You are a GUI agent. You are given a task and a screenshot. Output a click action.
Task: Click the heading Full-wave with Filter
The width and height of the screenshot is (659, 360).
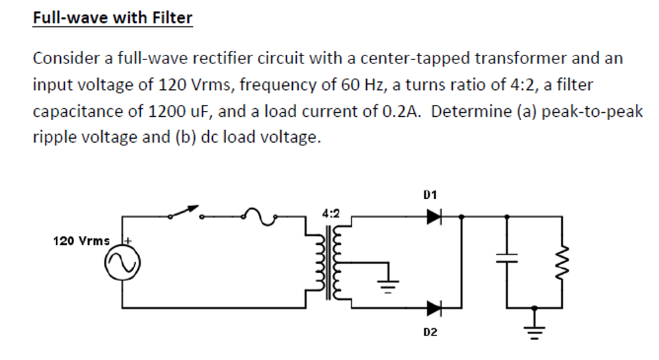tap(113, 17)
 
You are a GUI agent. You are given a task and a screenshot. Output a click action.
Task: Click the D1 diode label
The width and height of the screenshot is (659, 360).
tap(430, 195)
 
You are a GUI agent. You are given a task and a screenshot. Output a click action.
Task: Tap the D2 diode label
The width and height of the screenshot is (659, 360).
tap(430, 332)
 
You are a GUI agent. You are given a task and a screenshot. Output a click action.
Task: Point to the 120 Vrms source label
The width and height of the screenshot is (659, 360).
tap(81, 241)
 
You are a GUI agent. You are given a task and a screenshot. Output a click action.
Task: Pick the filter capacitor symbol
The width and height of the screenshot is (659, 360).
tap(508, 260)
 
